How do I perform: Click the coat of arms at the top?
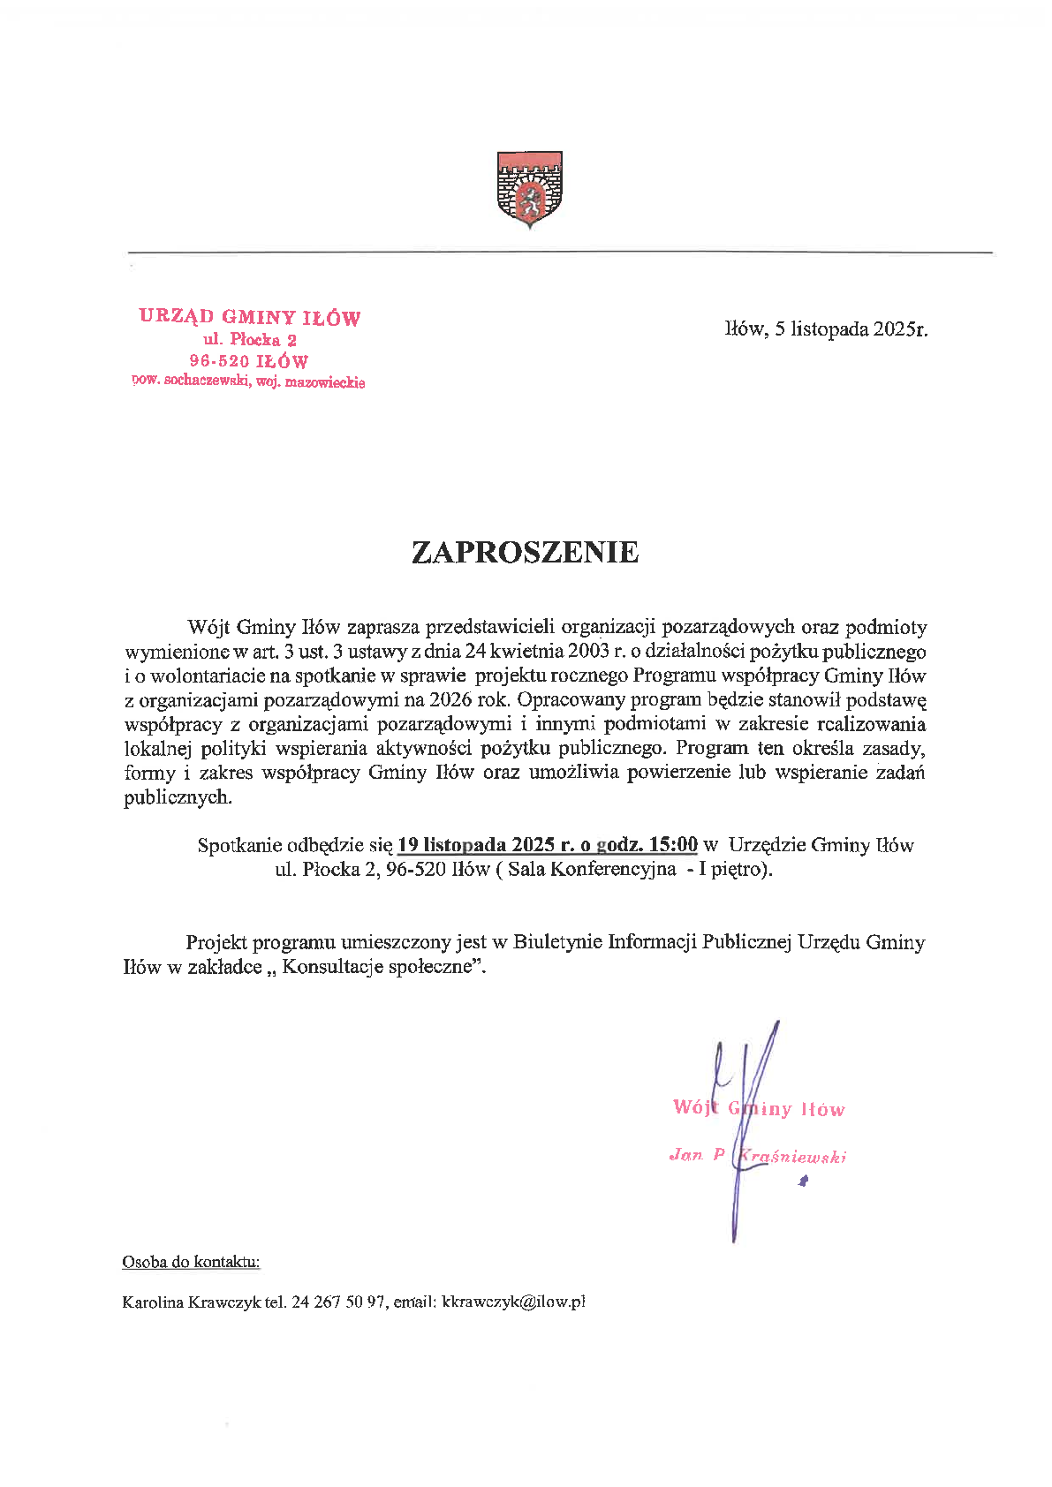coord(529,189)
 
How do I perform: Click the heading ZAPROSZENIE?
coord(525,552)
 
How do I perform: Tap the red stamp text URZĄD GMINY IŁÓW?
coord(249,317)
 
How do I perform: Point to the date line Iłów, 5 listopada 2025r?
coord(826,329)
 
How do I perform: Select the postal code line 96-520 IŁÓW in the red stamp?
coord(249,361)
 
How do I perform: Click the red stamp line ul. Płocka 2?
coord(250,339)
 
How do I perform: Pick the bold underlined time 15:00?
coord(673,845)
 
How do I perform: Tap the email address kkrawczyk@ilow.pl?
coord(513,1302)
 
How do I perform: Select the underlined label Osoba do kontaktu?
coord(191,1262)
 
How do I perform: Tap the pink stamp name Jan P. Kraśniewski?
coord(758,1155)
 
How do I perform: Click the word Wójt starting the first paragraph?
coord(208,628)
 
